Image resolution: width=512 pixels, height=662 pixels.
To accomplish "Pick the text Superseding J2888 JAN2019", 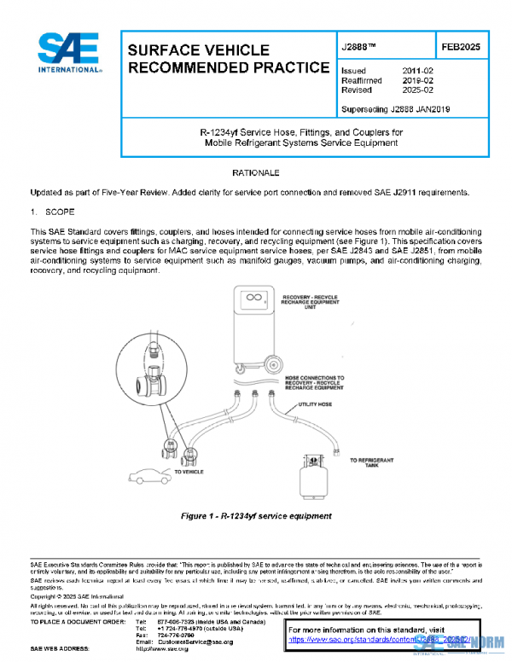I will [394, 109].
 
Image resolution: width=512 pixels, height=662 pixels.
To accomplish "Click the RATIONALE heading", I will [255, 173].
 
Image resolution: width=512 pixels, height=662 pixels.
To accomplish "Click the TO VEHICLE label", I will [189, 471].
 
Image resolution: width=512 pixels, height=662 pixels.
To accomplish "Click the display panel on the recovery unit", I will [253, 301].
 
